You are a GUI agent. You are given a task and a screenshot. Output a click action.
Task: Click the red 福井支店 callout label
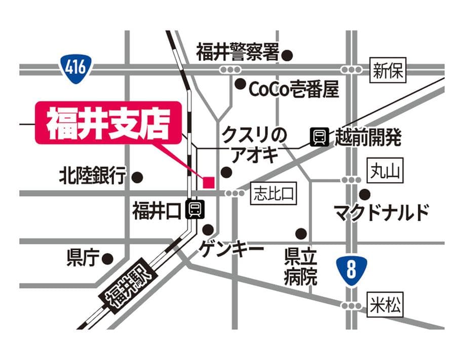click(x=107, y=123)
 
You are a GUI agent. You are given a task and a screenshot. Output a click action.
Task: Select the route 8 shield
click(x=351, y=270)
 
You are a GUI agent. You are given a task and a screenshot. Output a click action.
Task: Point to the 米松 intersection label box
click(x=385, y=306)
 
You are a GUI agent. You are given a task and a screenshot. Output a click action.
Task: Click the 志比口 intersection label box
click(x=274, y=193)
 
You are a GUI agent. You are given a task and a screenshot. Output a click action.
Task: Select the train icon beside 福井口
click(x=194, y=209)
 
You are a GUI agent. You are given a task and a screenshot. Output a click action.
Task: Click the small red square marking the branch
click(x=209, y=182)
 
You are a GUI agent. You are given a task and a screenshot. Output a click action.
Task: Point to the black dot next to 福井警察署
click(x=287, y=55)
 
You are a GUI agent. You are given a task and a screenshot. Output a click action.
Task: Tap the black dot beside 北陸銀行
click(x=137, y=177)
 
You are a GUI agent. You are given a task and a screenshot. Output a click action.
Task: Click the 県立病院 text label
click(x=300, y=268)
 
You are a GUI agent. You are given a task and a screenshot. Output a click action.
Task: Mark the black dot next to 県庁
click(x=107, y=259)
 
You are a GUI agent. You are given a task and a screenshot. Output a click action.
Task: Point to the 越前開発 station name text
click(x=368, y=137)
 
